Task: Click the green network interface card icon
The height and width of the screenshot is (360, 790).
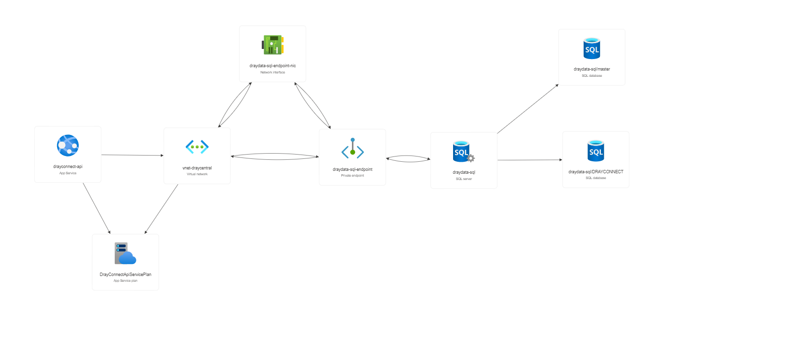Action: click(273, 45)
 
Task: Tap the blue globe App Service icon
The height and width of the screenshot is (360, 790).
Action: click(68, 145)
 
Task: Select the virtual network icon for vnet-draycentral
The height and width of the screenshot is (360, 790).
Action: click(197, 147)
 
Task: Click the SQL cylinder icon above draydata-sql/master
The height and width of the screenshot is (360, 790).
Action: click(592, 48)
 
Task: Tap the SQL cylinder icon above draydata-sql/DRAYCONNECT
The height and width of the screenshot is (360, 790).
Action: click(596, 151)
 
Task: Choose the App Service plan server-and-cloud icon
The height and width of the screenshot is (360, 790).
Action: click(125, 254)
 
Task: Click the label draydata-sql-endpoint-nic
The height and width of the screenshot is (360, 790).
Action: click(273, 66)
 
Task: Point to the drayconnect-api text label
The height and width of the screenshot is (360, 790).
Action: click(68, 167)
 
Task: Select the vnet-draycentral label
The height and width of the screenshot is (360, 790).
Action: click(197, 168)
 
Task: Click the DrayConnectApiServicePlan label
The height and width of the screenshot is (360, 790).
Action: click(125, 275)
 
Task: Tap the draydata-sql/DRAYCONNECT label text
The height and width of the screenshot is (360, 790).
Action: click(596, 172)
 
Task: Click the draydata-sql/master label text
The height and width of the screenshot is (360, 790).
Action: click(592, 69)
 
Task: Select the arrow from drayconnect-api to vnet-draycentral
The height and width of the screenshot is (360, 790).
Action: click(132, 155)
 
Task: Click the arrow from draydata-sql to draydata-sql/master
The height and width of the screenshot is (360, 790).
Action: click(528, 108)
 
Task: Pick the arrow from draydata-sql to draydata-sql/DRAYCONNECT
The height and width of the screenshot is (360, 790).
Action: click(530, 160)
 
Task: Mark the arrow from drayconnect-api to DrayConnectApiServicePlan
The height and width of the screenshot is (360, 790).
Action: click(96, 208)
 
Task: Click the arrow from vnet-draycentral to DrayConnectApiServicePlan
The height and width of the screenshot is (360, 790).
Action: click(161, 209)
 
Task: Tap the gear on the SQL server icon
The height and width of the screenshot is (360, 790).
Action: click(471, 158)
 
